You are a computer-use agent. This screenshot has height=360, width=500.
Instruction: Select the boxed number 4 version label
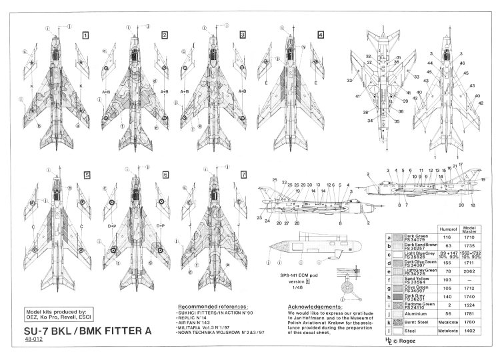tap(321, 34)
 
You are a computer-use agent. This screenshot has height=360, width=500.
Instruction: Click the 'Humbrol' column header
tap(446, 229)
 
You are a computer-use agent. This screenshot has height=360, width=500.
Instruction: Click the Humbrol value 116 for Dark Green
tap(446, 237)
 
